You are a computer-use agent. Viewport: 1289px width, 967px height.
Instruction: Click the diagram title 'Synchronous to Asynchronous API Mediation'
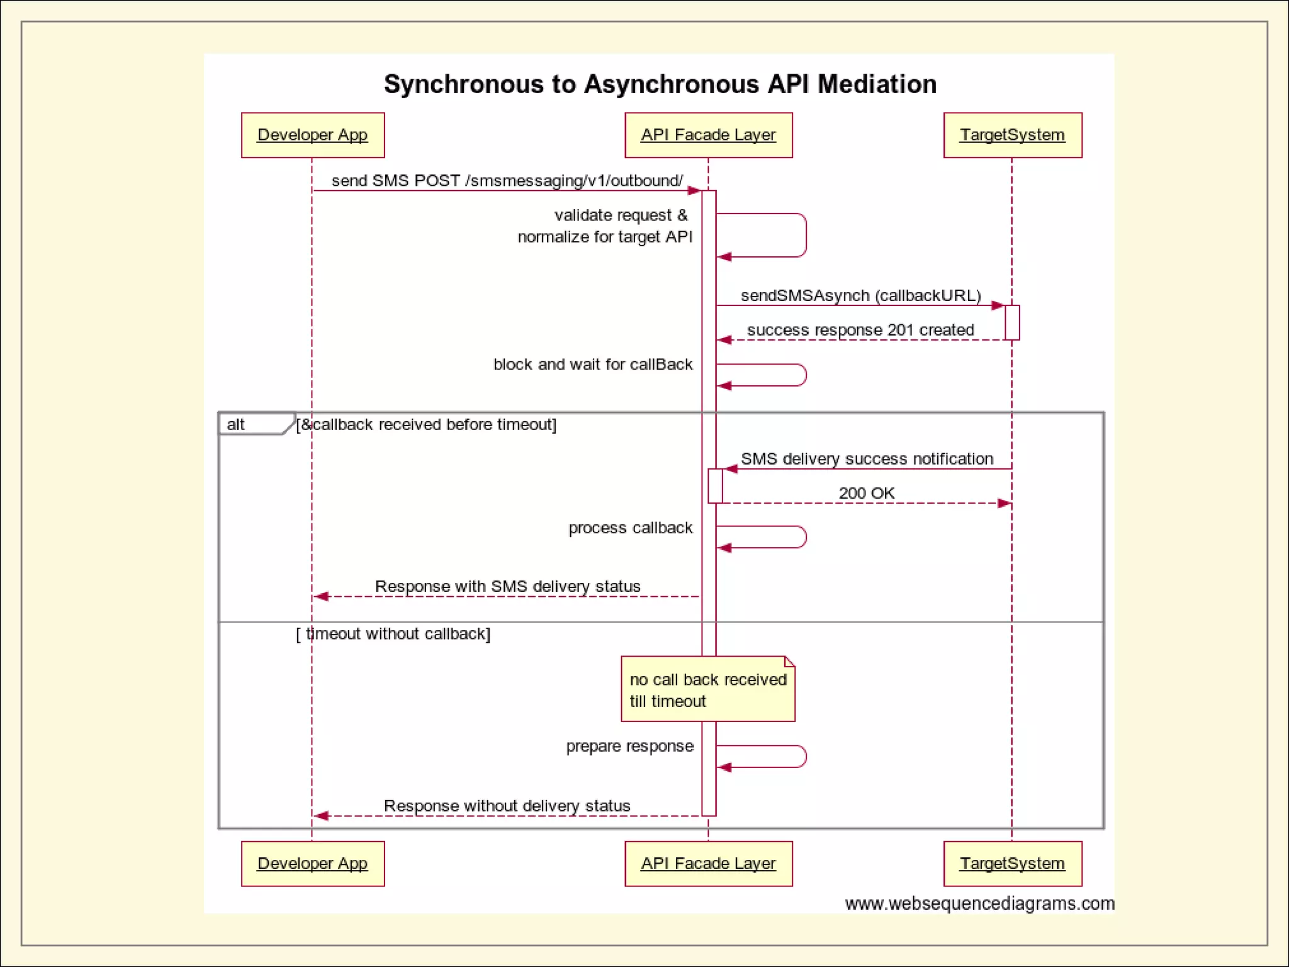pyautogui.click(x=660, y=84)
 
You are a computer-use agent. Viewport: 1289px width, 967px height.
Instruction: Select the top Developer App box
pyautogui.click(x=313, y=135)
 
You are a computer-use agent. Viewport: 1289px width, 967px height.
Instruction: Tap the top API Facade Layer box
pyautogui.click(x=708, y=135)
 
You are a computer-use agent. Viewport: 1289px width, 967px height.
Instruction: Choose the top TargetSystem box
pyautogui.click(x=1012, y=135)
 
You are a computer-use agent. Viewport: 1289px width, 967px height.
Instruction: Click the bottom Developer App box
pyautogui.click(x=313, y=864)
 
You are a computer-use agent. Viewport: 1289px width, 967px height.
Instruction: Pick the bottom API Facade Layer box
pyautogui.click(x=708, y=864)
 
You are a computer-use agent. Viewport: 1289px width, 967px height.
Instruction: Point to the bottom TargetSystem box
pyautogui.click(x=1012, y=864)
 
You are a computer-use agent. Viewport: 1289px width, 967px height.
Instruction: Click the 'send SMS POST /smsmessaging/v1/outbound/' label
pyautogui.click(x=507, y=181)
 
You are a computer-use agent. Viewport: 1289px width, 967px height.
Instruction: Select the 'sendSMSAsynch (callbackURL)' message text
pyautogui.click(x=860, y=295)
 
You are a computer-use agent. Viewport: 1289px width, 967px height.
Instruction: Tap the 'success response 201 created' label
pyautogui.click(x=860, y=330)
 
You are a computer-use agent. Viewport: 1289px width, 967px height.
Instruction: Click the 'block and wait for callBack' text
pyautogui.click(x=592, y=365)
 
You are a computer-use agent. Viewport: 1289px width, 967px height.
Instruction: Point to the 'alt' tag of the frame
pyautogui.click(x=237, y=424)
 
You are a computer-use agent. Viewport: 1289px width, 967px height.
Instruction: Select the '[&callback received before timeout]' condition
pyautogui.click(x=427, y=425)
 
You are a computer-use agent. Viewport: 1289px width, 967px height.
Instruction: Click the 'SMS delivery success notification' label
pyautogui.click(x=867, y=459)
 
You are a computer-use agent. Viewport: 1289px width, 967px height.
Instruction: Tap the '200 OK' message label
pyautogui.click(x=866, y=494)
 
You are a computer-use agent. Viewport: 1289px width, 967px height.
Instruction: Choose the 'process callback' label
pyautogui.click(x=630, y=528)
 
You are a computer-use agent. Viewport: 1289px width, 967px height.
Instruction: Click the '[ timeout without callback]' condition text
pyautogui.click(x=393, y=634)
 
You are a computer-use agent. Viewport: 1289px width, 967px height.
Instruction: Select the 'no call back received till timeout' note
pyautogui.click(x=707, y=690)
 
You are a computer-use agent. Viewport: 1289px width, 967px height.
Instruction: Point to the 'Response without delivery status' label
pyautogui.click(x=507, y=806)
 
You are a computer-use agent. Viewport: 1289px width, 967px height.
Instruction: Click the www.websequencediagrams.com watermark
pyautogui.click(x=979, y=904)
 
